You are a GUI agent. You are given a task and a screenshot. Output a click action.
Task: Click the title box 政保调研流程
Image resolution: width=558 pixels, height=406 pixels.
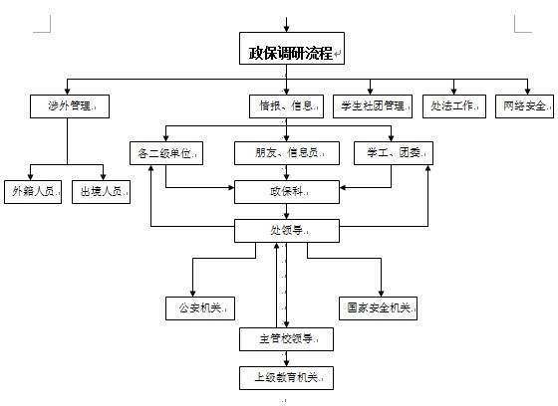pos(292,49)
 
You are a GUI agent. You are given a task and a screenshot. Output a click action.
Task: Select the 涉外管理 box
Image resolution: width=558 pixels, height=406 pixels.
pos(70,106)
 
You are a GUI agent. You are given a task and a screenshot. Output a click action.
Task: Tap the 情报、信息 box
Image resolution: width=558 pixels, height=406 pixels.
pos(287,106)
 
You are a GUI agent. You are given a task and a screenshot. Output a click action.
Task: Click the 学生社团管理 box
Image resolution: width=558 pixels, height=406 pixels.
pos(373,106)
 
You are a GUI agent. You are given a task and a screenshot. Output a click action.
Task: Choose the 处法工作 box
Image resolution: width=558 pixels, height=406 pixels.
pos(454,106)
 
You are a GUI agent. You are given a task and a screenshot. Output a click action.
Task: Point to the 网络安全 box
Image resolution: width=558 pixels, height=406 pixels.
pos(524,106)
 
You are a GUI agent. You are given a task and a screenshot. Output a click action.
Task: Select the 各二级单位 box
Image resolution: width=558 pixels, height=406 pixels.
pos(166,153)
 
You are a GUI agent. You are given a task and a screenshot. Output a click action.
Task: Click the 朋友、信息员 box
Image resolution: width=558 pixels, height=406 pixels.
pos(287,153)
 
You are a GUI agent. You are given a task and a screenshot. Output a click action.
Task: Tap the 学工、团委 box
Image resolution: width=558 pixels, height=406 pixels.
pos(394,153)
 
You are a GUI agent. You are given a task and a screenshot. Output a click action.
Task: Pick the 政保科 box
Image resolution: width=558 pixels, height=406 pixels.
pos(287,192)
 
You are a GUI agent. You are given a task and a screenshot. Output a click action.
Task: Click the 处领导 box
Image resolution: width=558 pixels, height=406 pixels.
pos(287,231)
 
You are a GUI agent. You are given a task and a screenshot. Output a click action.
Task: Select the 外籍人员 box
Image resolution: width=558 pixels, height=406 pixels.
pos(33,192)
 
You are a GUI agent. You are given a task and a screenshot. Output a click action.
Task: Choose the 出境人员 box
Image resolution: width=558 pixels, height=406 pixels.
pos(101,192)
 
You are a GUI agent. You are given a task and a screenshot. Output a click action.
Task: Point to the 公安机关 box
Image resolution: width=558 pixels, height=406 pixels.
pos(200,308)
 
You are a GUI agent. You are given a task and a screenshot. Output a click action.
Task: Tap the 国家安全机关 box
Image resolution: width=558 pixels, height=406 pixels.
pos(378,308)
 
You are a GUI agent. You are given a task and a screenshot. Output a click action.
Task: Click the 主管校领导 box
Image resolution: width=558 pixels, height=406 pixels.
pos(287,339)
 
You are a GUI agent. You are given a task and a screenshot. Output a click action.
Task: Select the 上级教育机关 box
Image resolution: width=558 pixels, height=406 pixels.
pos(287,378)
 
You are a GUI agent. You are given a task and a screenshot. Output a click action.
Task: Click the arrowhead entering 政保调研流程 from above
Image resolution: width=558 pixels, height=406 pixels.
pos(287,29)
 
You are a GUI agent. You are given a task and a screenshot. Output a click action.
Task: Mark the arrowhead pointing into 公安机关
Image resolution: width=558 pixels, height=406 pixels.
pos(192,294)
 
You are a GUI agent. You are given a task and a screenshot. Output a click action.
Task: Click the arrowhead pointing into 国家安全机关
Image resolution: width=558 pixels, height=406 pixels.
pos(381,294)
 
